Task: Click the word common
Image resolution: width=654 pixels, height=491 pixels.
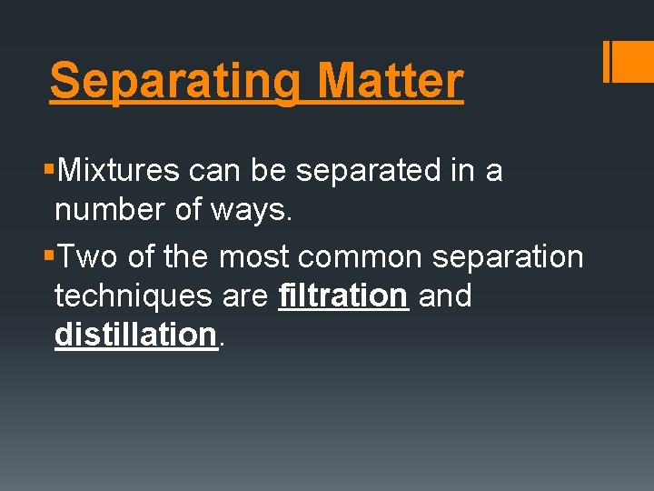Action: [x=360, y=256]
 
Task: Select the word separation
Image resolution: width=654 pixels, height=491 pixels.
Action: [x=508, y=256]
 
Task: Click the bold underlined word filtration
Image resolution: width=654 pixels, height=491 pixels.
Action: [x=343, y=296]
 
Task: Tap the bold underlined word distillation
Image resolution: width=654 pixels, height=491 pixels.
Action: [x=135, y=335]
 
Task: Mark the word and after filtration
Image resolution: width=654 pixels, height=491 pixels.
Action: [x=445, y=296]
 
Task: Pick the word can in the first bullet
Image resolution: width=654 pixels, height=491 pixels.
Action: [x=212, y=170]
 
